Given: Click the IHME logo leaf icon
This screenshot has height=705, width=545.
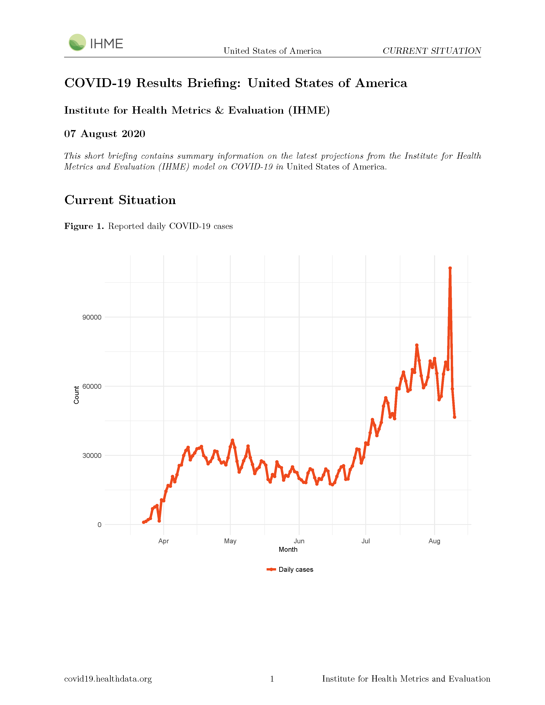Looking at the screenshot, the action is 77,42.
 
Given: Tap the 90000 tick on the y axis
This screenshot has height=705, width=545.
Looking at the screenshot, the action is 92,317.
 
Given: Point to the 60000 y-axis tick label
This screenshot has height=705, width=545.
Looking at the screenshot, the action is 92,386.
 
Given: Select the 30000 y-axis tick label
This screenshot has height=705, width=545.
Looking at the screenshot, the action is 92,455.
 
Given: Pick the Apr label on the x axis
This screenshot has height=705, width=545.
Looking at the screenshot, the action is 164,541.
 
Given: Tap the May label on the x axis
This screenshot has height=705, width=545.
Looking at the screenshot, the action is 230,541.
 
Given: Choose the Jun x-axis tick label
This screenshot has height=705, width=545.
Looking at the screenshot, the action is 299,541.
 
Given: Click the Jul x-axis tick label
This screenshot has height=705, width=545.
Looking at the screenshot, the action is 366,541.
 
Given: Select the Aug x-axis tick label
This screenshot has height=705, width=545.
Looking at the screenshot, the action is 434,541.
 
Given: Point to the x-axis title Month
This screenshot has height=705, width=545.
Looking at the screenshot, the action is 288,549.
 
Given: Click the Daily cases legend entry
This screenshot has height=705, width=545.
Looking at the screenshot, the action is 290,569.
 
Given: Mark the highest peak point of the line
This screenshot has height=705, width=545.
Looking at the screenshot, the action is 450,268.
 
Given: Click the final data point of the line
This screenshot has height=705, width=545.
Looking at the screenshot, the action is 455,417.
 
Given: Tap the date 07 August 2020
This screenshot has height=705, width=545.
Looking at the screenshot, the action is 105,134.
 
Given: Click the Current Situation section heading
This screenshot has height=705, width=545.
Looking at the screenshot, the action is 120,200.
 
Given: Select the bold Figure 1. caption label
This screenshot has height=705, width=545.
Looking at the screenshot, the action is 84,226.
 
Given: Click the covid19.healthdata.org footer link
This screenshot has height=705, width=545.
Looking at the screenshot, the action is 108,679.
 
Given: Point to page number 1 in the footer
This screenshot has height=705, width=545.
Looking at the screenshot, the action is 272,679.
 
